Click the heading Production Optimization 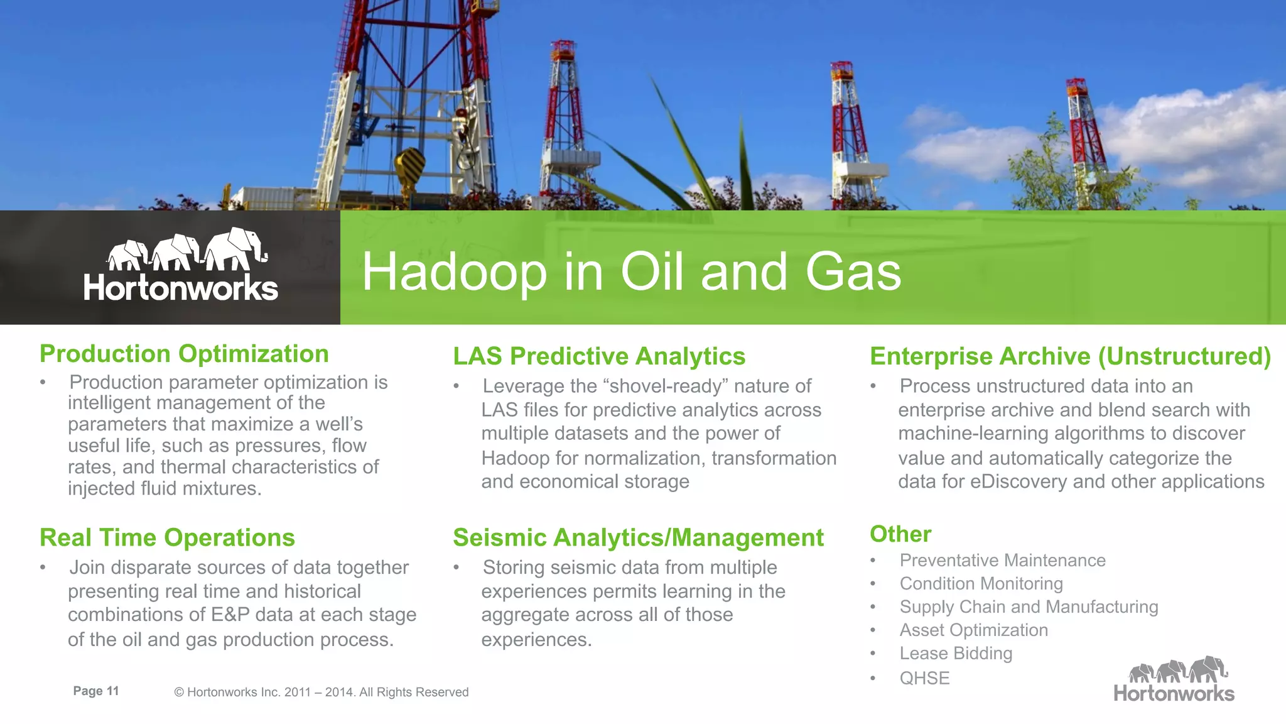coord(184,354)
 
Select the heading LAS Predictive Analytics coord(599,356)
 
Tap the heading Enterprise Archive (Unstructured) coord(1070,356)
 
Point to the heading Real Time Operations coord(167,538)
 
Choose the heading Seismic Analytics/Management coord(638,538)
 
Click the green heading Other coord(900,534)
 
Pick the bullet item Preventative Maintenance coord(1002,560)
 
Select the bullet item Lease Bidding coord(956,654)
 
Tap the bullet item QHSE coord(924,679)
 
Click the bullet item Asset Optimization coord(973,630)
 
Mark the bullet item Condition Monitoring coord(981,584)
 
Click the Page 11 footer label coord(96,691)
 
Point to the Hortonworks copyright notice coord(321,693)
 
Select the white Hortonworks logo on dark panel coord(181,265)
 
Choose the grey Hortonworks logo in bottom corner coord(1174,680)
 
